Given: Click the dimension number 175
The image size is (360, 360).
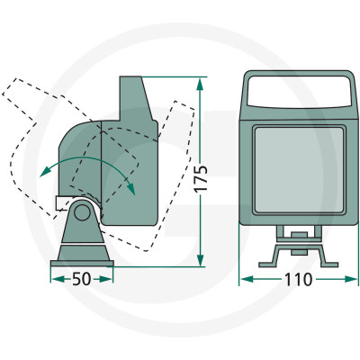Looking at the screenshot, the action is (201, 178).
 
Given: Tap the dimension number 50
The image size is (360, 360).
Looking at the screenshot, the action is (81, 279).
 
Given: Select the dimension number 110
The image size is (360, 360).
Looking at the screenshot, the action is (298, 280).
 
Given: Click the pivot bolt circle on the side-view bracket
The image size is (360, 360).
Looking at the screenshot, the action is (82, 211).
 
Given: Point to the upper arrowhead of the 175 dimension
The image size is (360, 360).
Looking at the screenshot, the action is (201, 85).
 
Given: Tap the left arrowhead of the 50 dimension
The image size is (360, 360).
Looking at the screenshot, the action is (58, 279).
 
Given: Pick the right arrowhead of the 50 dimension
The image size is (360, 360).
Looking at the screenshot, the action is (105, 279).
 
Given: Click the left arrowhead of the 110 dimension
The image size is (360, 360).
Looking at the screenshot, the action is (247, 279).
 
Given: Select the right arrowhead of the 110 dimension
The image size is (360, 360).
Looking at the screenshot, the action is (351, 279).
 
